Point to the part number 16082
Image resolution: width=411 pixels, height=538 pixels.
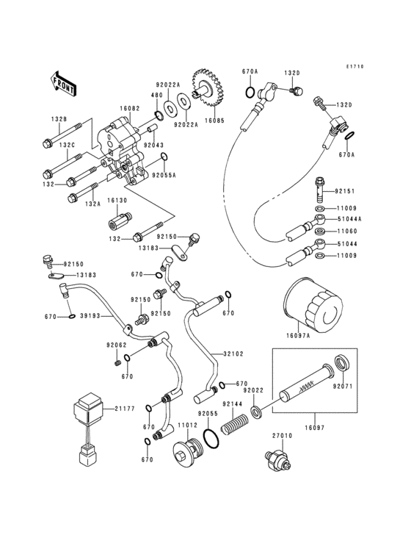[x=131, y=108]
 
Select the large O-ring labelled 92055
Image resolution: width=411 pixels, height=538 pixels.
[x=211, y=439]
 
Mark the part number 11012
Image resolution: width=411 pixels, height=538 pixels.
[x=167, y=424]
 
